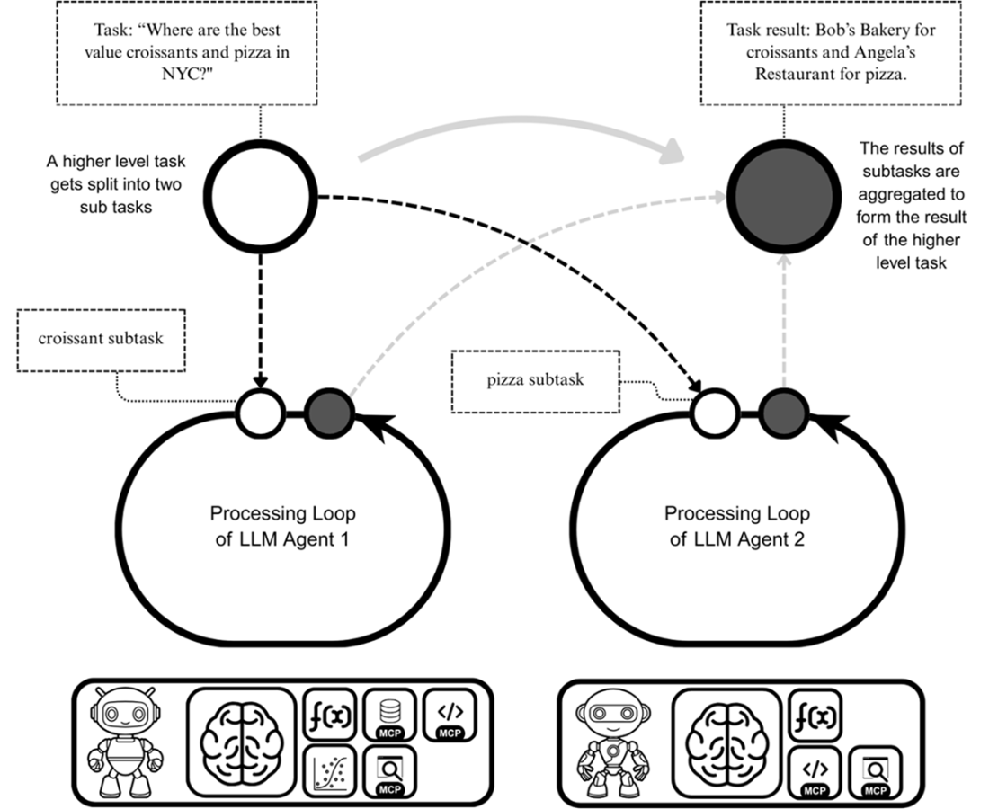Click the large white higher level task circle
[x=261, y=198]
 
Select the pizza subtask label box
[x=535, y=379]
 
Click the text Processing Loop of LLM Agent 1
[x=282, y=527]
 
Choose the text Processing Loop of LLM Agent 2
[x=736, y=527]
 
